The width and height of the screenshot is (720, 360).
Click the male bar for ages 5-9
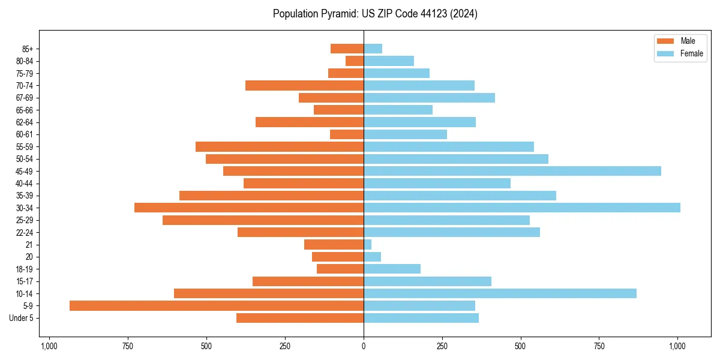pyautogui.click(x=216, y=305)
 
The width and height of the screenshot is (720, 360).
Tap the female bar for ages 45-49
pyautogui.click(x=512, y=171)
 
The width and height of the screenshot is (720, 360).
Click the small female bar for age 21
pyautogui.click(x=368, y=244)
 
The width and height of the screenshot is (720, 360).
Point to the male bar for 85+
pyautogui.click(x=347, y=49)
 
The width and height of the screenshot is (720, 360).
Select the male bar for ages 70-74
pyautogui.click(x=304, y=85)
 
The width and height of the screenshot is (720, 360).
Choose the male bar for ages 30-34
pyautogui.click(x=249, y=208)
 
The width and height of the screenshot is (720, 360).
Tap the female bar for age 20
pyautogui.click(x=372, y=257)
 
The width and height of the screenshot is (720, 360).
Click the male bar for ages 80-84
pyautogui.click(x=355, y=61)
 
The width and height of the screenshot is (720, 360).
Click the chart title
pyautogui.click(x=375, y=14)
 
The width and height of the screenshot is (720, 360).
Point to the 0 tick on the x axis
pyautogui.click(x=364, y=346)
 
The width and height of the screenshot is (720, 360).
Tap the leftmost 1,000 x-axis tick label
pyautogui.click(x=49, y=346)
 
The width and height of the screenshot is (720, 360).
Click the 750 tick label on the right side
pyautogui.click(x=599, y=346)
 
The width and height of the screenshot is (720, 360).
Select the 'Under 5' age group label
pyautogui.click(x=21, y=318)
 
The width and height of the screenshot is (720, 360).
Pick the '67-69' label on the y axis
pyautogui.click(x=25, y=98)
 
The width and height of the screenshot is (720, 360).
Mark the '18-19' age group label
pyautogui.click(x=25, y=269)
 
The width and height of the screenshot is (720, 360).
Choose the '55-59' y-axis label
pyautogui.click(x=25, y=146)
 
